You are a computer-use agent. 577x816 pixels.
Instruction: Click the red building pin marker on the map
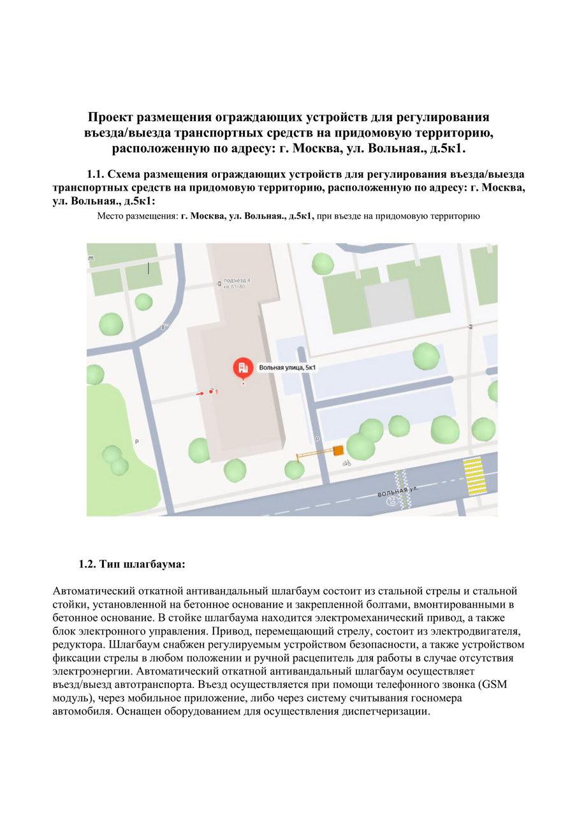click(x=242, y=368)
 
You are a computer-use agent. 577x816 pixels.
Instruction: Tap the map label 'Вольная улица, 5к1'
click(x=288, y=368)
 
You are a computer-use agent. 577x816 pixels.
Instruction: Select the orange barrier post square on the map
click(x=338, y=451)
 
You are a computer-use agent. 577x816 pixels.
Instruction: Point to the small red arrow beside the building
click(x=200, y=394)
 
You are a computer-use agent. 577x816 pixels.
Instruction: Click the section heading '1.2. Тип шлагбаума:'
click(x=132, y=564)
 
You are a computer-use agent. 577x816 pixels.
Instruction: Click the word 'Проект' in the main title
click(x=112, y=118)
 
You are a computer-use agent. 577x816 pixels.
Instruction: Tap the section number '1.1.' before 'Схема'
click(x=95, y=174)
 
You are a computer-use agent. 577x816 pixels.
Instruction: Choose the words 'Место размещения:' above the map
click(x=137, y=216)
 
